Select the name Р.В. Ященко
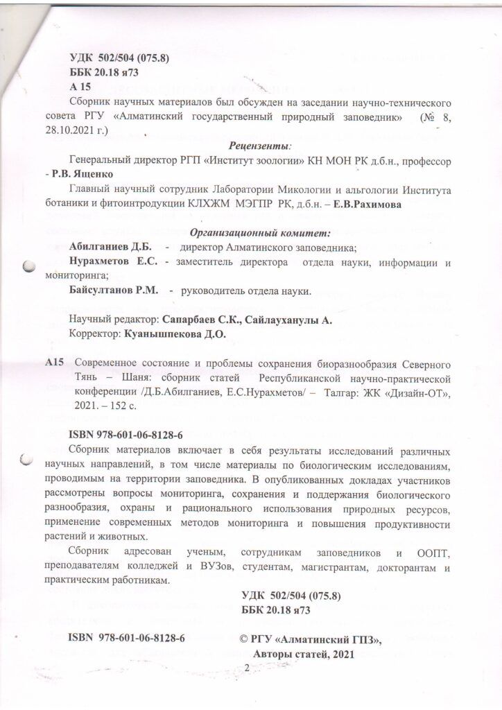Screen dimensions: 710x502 pos(88,173)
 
